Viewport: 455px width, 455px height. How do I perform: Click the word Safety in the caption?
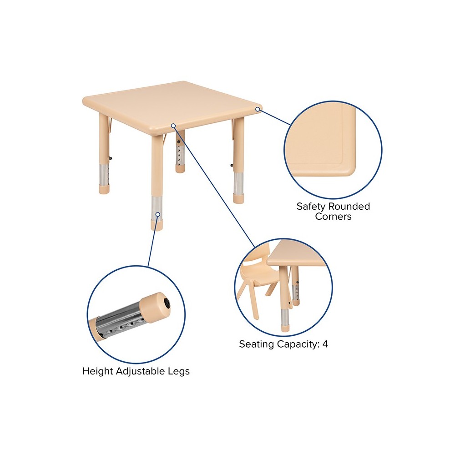[311, 207]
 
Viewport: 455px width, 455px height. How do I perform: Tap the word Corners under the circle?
[333, 217]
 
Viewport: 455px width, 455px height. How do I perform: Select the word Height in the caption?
[97, 371]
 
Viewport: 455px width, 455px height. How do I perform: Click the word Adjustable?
[141, 371]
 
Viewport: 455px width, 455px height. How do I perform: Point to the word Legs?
[179, 372]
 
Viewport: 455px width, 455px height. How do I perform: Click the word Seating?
[257, 344]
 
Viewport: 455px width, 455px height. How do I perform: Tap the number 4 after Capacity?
[325, 344]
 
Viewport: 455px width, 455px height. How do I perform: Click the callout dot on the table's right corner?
[258, 109]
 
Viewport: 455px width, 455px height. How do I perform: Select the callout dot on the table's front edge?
[173, 126]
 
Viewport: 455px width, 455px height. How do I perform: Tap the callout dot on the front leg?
[157, 214]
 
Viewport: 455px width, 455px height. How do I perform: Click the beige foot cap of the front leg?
[157, 225]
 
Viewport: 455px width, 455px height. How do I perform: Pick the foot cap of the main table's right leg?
[238, 198]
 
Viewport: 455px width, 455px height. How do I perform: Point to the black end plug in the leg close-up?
[167, 303]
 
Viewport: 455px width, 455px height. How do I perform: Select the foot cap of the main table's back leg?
[180, 169]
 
